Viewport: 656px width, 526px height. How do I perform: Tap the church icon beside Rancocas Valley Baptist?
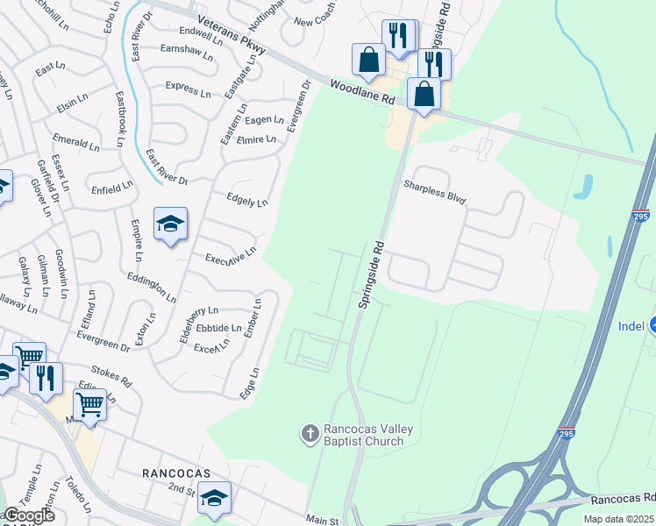(x=309, y=432)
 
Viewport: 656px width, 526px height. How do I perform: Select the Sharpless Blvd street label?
(x=434, y=193)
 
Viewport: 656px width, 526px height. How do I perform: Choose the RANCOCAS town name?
(x=176, y=473)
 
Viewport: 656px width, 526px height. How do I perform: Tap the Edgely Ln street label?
(x=246, y=200)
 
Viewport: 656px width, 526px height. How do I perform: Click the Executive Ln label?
(x=230, y=256)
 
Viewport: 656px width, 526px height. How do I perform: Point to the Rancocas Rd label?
(x=623, y=499)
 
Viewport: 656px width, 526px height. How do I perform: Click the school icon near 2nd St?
(x=214, y=498)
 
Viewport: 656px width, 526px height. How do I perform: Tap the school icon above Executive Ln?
(x=170, y=224)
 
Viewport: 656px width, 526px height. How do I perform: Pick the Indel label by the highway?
(x=631, y=326)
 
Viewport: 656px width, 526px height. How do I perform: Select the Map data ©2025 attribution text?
(x=619, y=519)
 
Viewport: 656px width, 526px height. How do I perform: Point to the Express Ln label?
(x=188, y=90)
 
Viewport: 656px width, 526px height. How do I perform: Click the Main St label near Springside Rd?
(x=322, y=521)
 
